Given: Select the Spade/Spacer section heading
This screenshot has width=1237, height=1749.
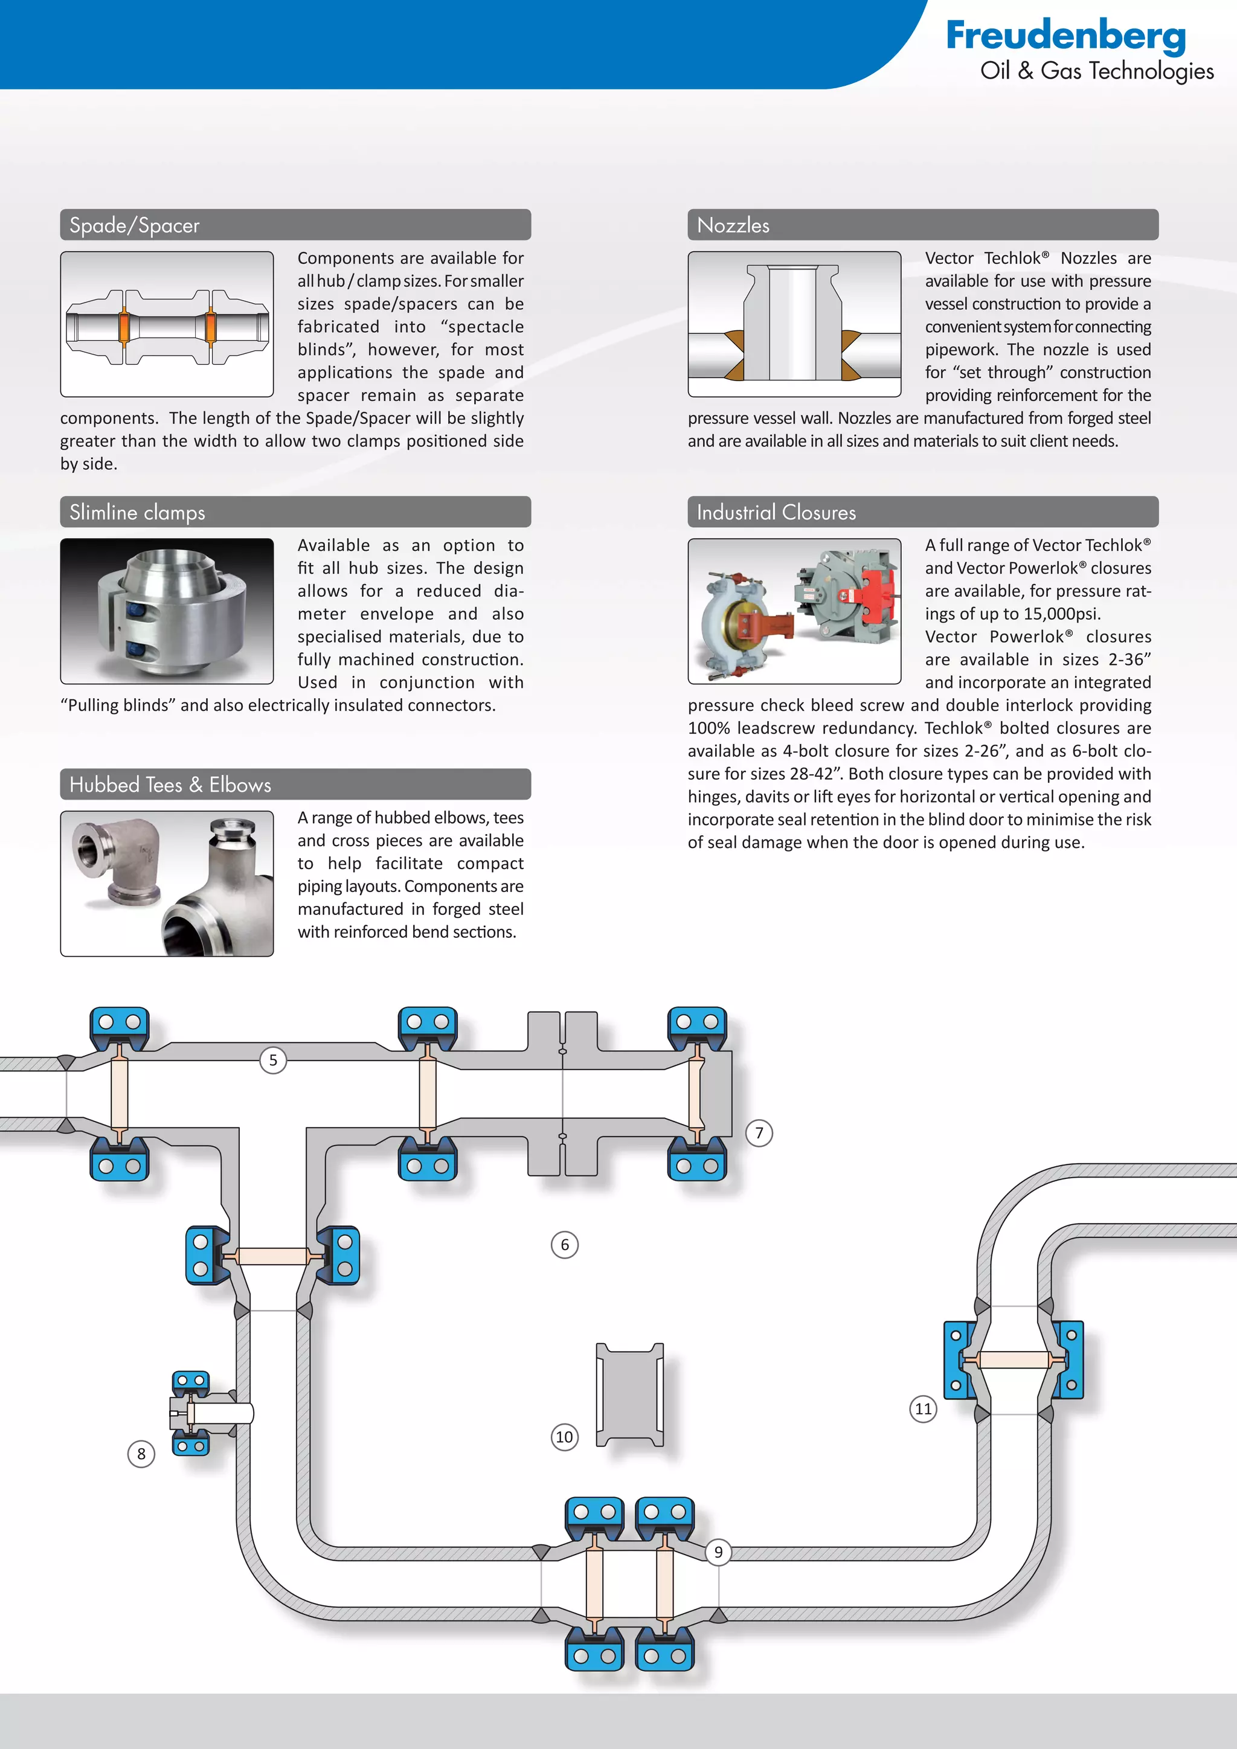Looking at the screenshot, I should (134, 225).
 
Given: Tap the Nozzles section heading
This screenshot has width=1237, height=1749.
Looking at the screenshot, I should (733, 225).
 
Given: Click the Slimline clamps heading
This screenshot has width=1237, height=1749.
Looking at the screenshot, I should (137, 513).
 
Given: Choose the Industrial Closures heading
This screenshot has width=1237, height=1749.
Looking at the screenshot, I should (776, 513).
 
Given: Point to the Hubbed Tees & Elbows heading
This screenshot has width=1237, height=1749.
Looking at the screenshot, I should (170, 785).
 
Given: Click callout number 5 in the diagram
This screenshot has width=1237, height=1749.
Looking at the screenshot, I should (272, 1060).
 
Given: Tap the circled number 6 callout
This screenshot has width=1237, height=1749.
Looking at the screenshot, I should (564, 1245).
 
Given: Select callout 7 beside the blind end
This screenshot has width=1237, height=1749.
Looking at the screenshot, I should (759, 1133).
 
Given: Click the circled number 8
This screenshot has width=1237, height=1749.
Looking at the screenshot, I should (141, 1454).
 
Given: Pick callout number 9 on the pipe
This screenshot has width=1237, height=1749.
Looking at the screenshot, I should (718, 1552).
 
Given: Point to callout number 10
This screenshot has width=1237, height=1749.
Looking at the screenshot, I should (564, 1437).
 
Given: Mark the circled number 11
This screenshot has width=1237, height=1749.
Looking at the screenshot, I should (923, 1408).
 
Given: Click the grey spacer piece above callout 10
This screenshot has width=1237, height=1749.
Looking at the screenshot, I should (629, 1394).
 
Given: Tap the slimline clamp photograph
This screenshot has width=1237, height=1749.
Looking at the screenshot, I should (167, 611).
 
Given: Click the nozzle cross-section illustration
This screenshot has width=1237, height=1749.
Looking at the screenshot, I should (794, 324).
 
